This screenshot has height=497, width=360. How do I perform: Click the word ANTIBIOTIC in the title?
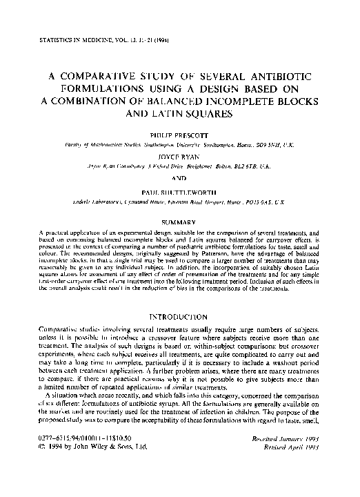[278, 74]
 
